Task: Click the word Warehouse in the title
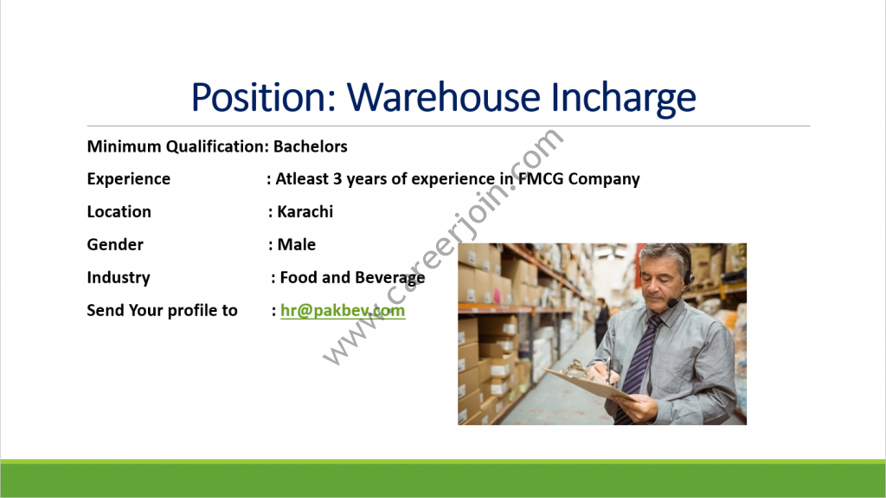pos(444,97)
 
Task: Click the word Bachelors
pos(311,146)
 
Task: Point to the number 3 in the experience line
pos(337,178)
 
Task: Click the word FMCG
pos(541,178)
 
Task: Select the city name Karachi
pos(305,211)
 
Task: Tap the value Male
pos(297,244)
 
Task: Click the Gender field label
pos(115,244)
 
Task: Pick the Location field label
pos(119,211)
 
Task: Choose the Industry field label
pos(119,278)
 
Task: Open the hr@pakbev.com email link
pos(343,311)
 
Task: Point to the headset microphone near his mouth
pos(671,304)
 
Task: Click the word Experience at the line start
pos(128,179)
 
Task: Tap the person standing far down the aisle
pos(600,320)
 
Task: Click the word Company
pos(604,179)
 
